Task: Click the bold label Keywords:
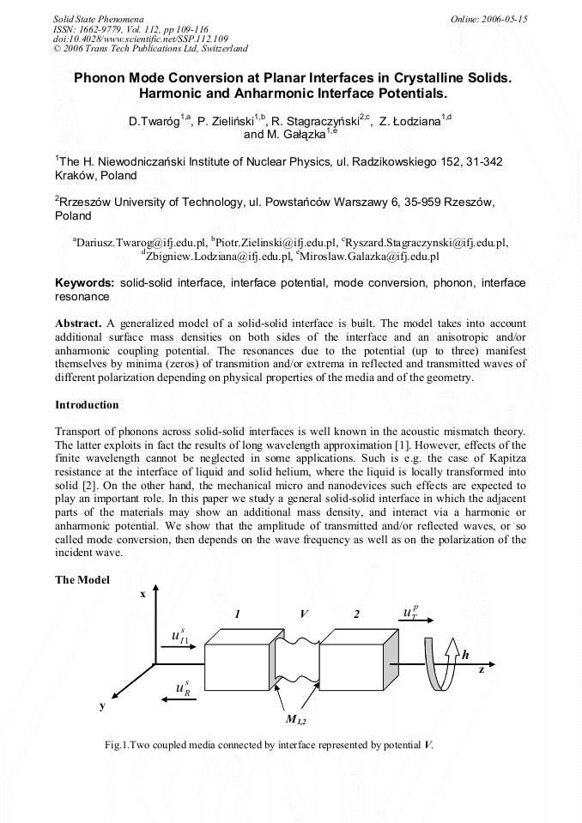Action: tap(84, 282)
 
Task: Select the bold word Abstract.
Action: tap(78, 323)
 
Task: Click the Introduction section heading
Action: tap(87, 404)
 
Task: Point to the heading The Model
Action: tap(82, 580)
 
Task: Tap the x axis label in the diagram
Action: tap(142, 593)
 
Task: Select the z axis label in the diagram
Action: tap(481, 670)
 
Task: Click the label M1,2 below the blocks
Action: tap(296, 719)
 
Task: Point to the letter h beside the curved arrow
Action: tap(465, 655)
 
